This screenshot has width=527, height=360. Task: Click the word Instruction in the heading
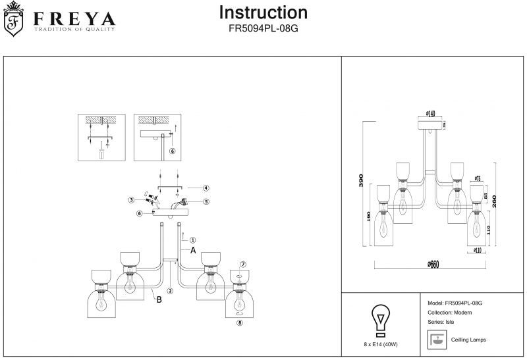(x=263, y=13)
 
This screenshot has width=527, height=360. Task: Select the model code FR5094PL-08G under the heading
(x=263, y=29)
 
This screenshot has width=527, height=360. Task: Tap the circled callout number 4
(x=206, y=188)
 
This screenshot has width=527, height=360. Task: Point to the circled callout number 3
(x=131, y=199)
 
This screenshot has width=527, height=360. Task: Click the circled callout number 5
(x=206, y=202)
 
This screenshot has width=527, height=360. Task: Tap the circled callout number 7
(x=242, y=264)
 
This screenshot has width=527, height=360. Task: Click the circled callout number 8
(x=240, y=322)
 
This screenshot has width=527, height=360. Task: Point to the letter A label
(x=193, y=251)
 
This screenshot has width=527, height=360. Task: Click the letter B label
(x=159, y=300)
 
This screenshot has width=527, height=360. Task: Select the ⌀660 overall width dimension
(x=433, y=263)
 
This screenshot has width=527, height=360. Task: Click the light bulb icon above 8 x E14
(x=380, y=319)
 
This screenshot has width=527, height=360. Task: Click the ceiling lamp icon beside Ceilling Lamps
(x=436, y=340)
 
